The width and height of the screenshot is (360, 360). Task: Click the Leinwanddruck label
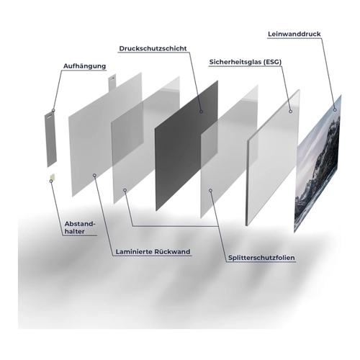tap(294, 34)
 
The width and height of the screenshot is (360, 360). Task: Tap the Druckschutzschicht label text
tap(153, 48)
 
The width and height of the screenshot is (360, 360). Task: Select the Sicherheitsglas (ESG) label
tap(246, 62)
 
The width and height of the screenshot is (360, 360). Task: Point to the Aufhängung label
tap(84, 66)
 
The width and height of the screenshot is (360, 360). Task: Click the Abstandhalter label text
tap(80, 228)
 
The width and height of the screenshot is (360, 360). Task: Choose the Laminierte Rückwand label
tap(153, 252)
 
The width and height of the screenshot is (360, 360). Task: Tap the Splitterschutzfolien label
tap(261, 258)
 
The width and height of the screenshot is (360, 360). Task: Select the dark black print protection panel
tap(186, 145)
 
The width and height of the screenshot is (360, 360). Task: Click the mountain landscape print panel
tap(318, 163)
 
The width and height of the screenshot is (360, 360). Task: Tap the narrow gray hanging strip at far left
tap(50, 138)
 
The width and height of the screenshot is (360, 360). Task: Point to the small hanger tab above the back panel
tap(112, 84)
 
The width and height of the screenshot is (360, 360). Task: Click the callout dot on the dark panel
tap(201, 112)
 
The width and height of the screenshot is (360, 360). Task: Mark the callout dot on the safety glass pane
tap(290, 112)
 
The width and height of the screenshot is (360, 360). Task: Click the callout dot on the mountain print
tap(335, 110)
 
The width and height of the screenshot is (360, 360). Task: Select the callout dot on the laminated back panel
tap(94, 176)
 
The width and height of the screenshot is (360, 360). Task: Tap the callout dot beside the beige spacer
tap(51, 181)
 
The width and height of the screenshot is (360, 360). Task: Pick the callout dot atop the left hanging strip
tap(53, 110)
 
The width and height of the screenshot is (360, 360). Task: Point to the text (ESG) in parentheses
tap(272, 62)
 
